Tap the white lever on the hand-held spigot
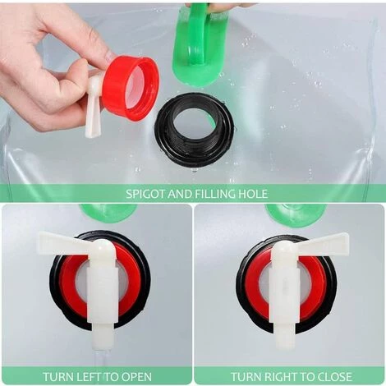(93, 107)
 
